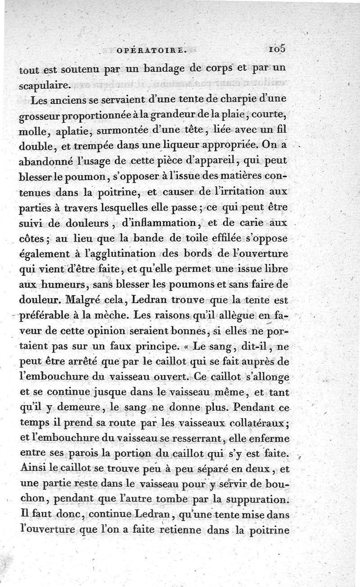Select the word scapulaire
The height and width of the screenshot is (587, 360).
tap(45, 85)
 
